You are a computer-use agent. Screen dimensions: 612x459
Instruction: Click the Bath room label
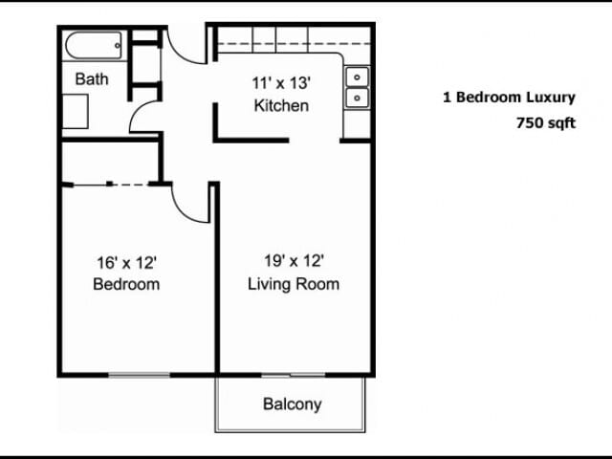pyautogui.click(x=92, y=79)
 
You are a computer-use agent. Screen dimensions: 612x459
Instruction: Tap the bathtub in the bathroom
pyautogui.click(x=94, y=45)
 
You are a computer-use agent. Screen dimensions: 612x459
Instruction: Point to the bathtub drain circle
pyautogui.click(x=118, y=46)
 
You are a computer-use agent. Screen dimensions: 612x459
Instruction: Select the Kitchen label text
pyautogui.click(x=281, y=105)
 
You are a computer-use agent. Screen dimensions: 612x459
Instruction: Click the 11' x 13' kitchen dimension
pyautogui.click(x=281, y=83)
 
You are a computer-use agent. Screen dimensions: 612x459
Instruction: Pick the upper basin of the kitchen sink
pyautogui.click(x=357, y=76)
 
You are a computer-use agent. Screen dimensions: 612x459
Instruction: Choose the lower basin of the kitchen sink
pyautogui.click(x=357, y=98)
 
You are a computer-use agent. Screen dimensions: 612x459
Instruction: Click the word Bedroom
pyautogui.click(x=126, y=284)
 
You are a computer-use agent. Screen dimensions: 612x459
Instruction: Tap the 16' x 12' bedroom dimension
pyautogui.click(x=127, y=263)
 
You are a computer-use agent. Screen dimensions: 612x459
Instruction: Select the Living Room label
pyautogui.click(x=294, y=284)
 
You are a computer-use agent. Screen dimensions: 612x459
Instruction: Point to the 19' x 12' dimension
pyautogui.click(x=294, y=261)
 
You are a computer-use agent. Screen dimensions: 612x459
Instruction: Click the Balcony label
pyautogui.click(x=293, y=404)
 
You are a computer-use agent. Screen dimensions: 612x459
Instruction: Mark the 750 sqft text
pyautogui.click(x=546, y=123)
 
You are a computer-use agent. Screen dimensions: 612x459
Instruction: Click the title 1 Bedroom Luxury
pyautogui.click(x=509, y=98)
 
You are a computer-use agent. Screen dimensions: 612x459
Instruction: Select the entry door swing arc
pyautogui.click(x=179, y=55)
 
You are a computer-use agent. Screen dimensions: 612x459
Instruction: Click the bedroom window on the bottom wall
pyautogui.click(x=139, y=375)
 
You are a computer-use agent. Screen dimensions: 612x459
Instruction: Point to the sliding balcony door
pyautogui.click(x=294, y=375)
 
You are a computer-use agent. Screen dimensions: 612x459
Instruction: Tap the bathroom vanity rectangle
pyautogui.click(x=76, y=111)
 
